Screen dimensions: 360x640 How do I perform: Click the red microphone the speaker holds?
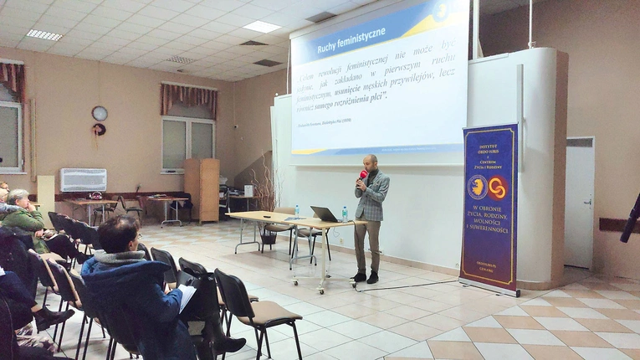pos(362,176)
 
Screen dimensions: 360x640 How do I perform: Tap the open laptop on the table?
pos(324,214)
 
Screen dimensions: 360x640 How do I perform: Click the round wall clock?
pos(100,113)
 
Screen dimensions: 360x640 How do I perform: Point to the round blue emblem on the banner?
pos(478,187)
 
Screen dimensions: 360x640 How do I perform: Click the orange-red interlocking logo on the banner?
pos(499,188)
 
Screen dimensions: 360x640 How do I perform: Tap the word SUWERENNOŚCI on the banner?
pos(489,227)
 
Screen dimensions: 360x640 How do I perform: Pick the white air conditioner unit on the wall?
pos(83,180)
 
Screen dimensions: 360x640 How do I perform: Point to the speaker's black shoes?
pos(366,277)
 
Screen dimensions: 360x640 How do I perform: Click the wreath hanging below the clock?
pos(99,130)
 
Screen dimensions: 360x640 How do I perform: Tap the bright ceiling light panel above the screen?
pos(262,27)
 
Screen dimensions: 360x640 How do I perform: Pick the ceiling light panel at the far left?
pos(44,35)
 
